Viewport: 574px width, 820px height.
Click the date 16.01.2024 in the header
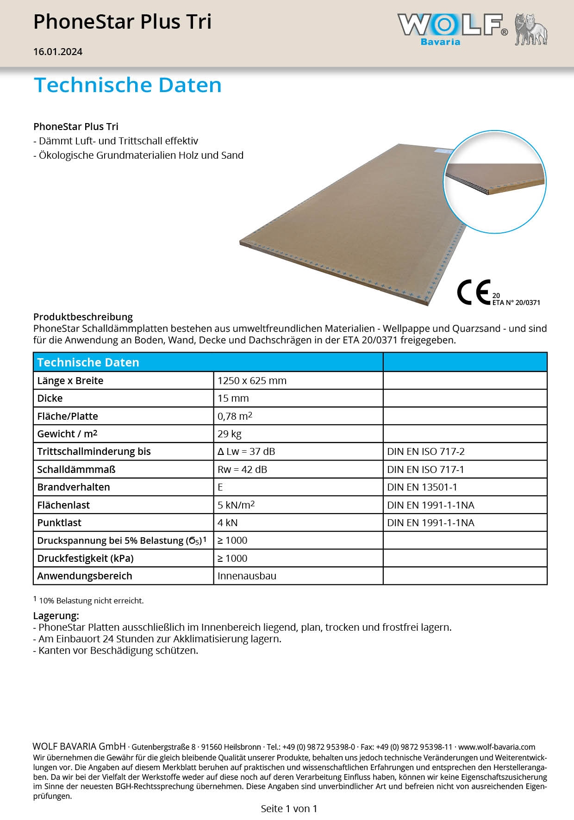[x=58, y=52]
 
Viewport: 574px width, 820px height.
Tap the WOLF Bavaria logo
[x=452, y=29]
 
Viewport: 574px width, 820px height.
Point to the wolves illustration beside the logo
[x=531, y=30]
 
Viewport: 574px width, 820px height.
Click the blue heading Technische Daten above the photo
[x=128, y=85]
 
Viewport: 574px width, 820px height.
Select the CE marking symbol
[x=473, y=292]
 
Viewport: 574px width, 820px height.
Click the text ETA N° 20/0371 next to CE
[x=516, y=303]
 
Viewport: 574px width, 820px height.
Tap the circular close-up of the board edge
[x=495, y=181]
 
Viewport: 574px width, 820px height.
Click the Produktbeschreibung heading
[x=83, y=317]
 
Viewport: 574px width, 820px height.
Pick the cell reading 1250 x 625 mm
[x=252, y=381]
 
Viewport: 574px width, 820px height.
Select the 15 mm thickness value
[x=233, y=398]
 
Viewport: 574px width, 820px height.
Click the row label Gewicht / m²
[x=67, y=434]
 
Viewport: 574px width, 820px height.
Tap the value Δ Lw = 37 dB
[x=246, y=452]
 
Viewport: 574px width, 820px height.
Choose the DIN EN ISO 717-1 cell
[x=425, y=470]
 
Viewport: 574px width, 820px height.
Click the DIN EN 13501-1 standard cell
[x=422, y=487]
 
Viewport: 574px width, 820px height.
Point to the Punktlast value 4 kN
[x=227, y=523]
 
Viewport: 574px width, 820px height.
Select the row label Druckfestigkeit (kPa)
[x=85, y=559]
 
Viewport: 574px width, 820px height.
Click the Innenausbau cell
[x=247, y=576]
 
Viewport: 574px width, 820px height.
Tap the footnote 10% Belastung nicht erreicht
[x=91, y=601]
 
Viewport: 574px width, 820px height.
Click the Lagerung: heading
[x=56, y=616]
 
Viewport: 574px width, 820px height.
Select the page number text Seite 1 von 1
[x=289, y=808]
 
